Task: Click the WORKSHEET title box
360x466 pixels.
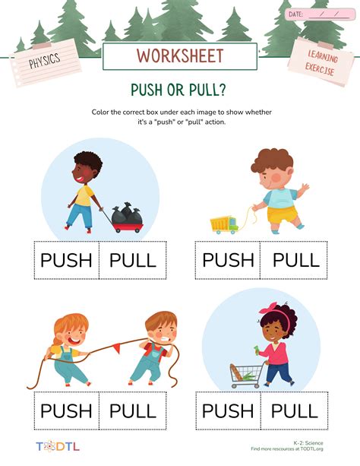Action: point(180,56)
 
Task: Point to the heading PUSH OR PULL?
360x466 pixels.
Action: point(180,89)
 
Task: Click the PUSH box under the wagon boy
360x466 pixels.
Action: point(66,260)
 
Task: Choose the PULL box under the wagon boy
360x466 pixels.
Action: point(132,260)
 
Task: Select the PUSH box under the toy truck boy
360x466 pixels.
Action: point(228,260)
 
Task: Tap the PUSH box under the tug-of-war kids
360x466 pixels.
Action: point(66,411)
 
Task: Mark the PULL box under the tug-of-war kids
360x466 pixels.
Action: point(132,411)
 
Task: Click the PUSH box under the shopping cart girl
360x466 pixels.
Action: point(228,411)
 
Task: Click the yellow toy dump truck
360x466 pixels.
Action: point(225,223)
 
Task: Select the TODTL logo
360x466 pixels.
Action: point(54,446)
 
